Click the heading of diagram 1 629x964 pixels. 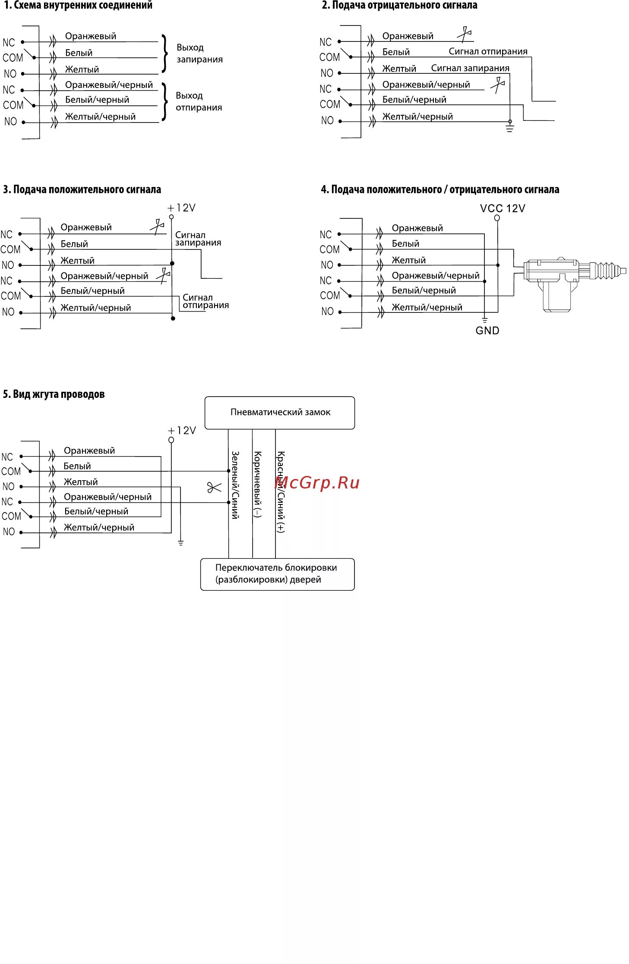[78, 6]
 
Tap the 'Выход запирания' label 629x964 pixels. [199, 54]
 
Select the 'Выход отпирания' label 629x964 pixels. [199, 101]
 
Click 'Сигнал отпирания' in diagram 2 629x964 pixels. [488, 51]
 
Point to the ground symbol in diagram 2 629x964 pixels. [510, 128]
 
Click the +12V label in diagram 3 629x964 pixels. [182, 208]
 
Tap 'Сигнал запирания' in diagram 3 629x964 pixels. [198, 239]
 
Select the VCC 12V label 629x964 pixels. [503, 208]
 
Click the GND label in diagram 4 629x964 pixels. [487, 331]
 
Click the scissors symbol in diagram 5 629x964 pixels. [214, 488]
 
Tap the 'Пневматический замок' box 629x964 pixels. [280, 413]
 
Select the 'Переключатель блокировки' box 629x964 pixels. [277, 574]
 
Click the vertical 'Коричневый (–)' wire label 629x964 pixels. [257, 484]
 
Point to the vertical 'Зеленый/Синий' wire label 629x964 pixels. [235, 485]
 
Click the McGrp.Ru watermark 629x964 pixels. [317, 482]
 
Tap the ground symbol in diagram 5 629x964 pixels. [180, 542]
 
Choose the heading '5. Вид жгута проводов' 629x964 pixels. [54, 394]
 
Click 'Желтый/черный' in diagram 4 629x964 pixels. [427, 307]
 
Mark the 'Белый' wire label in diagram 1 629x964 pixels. [79, 53]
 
